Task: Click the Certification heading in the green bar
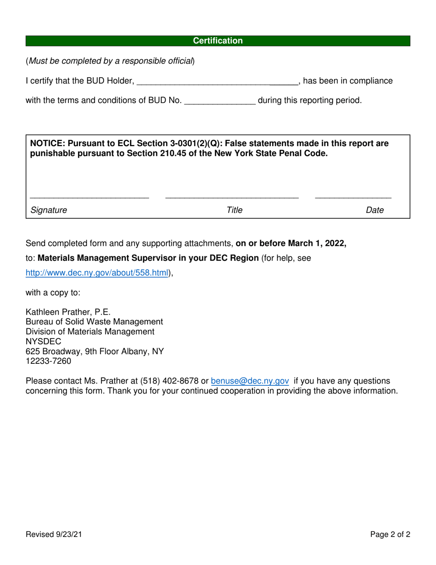point(218,41)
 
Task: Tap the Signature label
point(49,210)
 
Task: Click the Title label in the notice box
point(234,210)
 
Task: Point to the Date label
point(375,210)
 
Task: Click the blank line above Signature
point(89,198)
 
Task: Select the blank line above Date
point(353,198)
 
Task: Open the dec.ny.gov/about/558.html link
point(97,273)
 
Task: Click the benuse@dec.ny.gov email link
point(250,381)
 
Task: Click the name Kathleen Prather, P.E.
point(68,312)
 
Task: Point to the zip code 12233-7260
point(48,361)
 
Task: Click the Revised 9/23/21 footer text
point(54,534)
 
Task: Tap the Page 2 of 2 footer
point(390,534)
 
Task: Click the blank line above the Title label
point(232,198)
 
